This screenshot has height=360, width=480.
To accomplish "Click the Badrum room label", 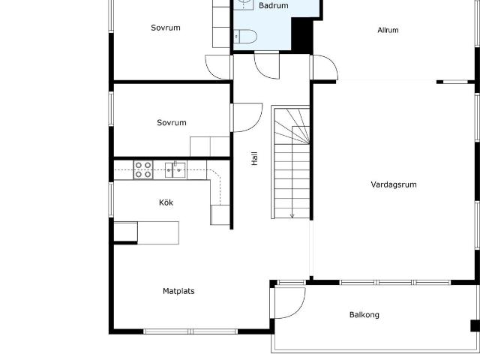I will coord(273,6).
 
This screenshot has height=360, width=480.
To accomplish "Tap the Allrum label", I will coord(388,31).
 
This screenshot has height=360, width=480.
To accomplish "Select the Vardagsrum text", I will coord(393,184).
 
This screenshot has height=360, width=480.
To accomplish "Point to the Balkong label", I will coord(364,315).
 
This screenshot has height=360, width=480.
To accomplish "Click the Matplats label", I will coord(178,291).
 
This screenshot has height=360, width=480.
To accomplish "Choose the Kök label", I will coord(166,202).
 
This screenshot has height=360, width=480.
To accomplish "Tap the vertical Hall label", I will coord(254,159).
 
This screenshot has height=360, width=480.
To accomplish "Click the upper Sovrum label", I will coord(165,28).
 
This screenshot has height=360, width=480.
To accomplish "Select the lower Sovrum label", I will coord(172,122).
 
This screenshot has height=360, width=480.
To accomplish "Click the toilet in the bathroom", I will coord(245,36).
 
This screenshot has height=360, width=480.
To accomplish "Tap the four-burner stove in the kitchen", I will coord(143,170).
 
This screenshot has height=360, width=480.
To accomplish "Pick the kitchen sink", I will coord(175,169).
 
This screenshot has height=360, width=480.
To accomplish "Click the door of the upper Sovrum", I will coord(218,67).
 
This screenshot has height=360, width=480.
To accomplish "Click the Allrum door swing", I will coord(324,67).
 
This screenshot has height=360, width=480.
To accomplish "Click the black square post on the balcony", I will coord(474,325).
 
